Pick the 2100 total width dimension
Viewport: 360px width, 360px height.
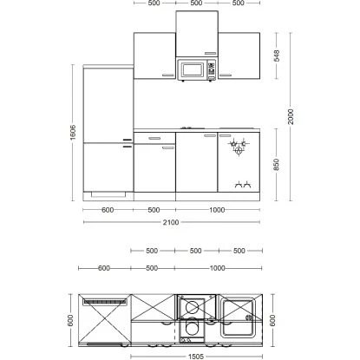click(x=171, y=223)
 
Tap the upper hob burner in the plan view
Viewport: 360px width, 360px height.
click(x=192, y=308)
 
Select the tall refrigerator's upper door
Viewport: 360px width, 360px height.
click(x=108, y=104)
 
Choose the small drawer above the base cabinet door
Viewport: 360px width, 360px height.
click(x=154, y=138)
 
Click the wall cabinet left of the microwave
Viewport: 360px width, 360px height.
click(x=154, y=57)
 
